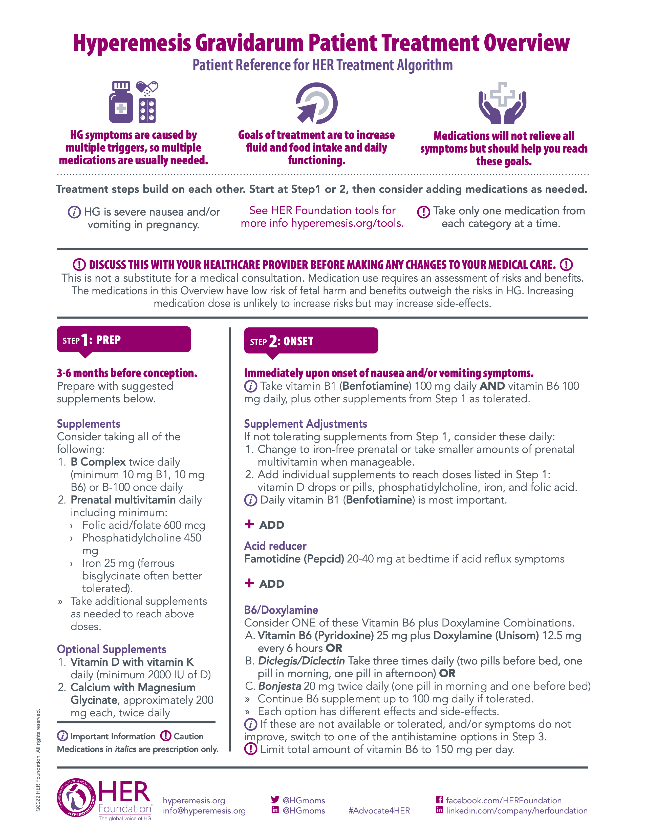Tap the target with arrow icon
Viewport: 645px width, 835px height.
316,103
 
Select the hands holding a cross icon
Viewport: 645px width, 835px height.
503,103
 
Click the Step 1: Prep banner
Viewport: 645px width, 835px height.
124,340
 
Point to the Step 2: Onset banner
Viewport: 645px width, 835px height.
311,341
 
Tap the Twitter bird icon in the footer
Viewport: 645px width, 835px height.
275,799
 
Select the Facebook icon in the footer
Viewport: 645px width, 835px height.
439,799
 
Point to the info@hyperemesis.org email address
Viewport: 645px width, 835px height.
204,810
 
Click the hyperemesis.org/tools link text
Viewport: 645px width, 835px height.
347,223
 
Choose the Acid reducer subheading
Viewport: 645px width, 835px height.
275,546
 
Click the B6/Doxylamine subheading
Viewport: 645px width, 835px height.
281,610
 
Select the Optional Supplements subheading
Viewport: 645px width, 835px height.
112,649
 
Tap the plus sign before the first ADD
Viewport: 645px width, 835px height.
249,524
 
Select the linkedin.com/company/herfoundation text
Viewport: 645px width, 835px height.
517,810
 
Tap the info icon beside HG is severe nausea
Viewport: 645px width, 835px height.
74,212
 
